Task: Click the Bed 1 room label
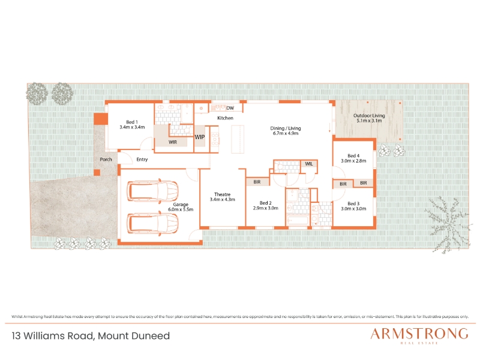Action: point(132,122)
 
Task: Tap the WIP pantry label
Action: point(200,137)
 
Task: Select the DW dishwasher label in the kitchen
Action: point(230,108)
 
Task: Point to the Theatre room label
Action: point(222,194)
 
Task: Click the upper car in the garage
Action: point(153,191)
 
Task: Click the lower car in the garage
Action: point(153,223)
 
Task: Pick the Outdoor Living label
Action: point(369,115)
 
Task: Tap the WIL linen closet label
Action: point(309,164)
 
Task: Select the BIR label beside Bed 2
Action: point(257,182)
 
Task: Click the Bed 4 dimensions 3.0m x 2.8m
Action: point(353,161)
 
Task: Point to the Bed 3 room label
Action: point(353,203)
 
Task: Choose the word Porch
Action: point(106,159)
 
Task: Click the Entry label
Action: point(142,160)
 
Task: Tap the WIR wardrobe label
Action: point(173,142)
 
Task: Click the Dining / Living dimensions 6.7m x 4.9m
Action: point(286,133)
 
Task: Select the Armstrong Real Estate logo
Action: point(419,335)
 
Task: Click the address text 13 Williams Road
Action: point(53,336)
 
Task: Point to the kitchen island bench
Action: point(238,139)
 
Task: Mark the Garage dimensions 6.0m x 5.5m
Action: point(181,209)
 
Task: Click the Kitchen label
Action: point(226,118)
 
